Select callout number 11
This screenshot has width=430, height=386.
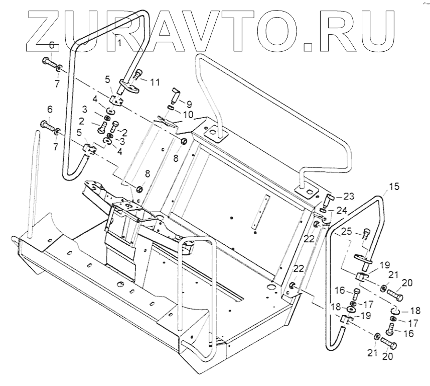(155, 81)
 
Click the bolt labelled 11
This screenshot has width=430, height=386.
(138, 77)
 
